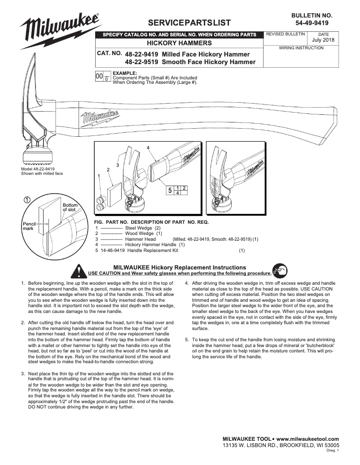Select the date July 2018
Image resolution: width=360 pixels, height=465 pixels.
(x=323, y=40)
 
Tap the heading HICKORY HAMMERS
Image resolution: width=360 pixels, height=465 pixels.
(x=180, y=43)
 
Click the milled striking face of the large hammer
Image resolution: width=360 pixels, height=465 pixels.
(x=38, y=158)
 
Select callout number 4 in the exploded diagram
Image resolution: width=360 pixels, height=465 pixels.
(x=148, y=148)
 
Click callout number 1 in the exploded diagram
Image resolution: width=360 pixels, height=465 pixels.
(x=99, y=177)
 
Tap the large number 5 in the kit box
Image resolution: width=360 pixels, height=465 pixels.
(x=170, y=191)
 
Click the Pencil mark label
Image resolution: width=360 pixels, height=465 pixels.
(x=28, y=226)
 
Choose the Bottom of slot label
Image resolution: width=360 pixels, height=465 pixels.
(x=70, y=207)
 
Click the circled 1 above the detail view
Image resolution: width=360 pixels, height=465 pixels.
(x=27, y=200)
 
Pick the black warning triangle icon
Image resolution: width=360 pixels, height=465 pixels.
(x=80, y=271)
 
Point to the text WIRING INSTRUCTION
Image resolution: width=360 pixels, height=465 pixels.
(x=301, y=48)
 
